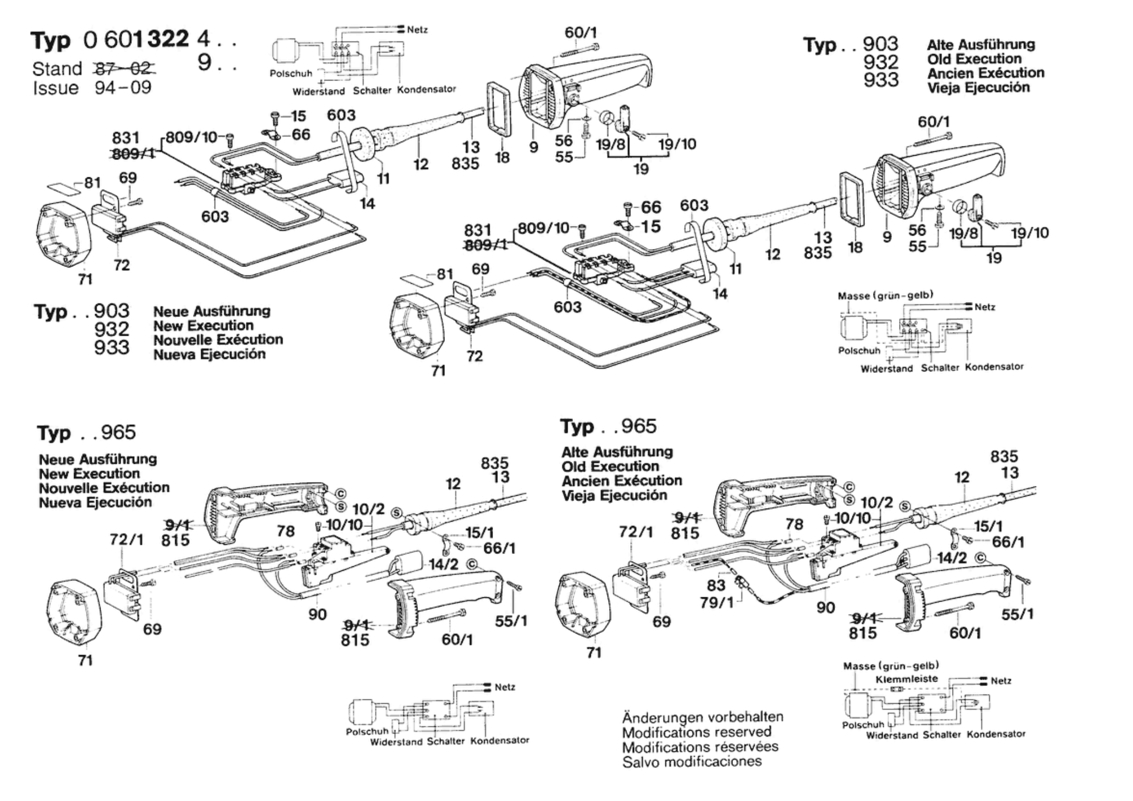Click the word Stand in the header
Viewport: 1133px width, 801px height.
57,69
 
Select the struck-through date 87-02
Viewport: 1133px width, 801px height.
124,69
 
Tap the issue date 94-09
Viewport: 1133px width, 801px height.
123,88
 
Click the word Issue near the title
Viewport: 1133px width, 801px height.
56,88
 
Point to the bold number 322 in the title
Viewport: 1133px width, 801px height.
168,39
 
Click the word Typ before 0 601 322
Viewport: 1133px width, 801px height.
50,41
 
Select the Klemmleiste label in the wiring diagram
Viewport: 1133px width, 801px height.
907,679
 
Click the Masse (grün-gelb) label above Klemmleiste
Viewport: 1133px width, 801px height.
891,666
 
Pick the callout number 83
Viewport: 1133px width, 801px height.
716,585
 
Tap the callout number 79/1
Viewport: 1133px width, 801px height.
717,602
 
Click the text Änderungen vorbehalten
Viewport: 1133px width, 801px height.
702,718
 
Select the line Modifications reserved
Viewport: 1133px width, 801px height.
696,733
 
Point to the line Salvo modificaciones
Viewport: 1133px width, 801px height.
691,762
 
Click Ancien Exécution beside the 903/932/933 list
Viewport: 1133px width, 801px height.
985,73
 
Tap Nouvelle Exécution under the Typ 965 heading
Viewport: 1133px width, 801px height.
104,488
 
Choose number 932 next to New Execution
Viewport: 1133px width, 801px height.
111,329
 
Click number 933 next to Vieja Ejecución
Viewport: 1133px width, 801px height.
881,79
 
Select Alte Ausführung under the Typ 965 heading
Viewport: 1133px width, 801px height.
617,452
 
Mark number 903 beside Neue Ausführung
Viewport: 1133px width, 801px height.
111,311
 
